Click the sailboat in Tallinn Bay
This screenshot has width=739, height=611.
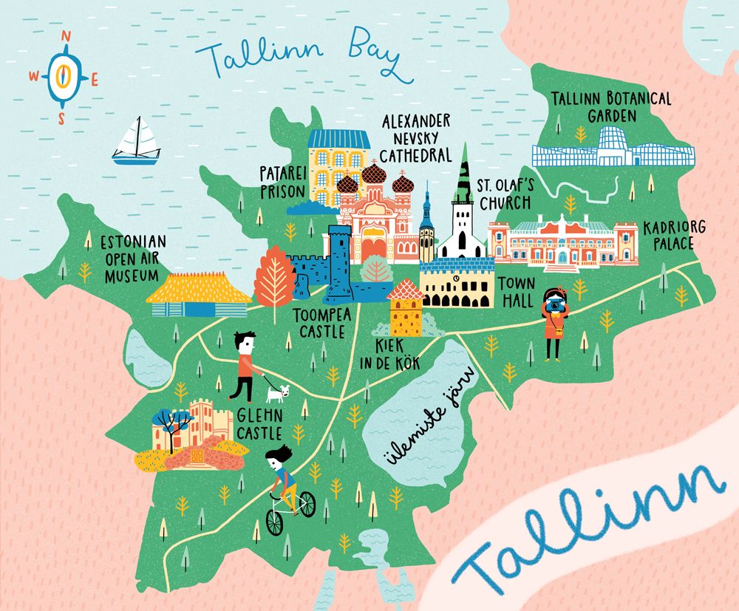coord(136,142)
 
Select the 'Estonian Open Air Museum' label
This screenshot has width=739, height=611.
coord(129,258)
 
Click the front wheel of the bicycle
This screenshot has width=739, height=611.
coord(274,522)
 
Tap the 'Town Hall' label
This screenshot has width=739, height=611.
coord(515,292)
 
